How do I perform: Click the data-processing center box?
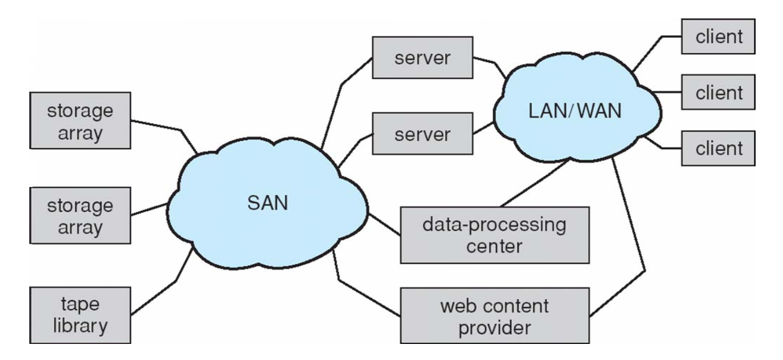[x=495, y=235]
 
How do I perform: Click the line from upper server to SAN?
[x=337, y=101]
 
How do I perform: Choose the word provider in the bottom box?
[x=495, y=327]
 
